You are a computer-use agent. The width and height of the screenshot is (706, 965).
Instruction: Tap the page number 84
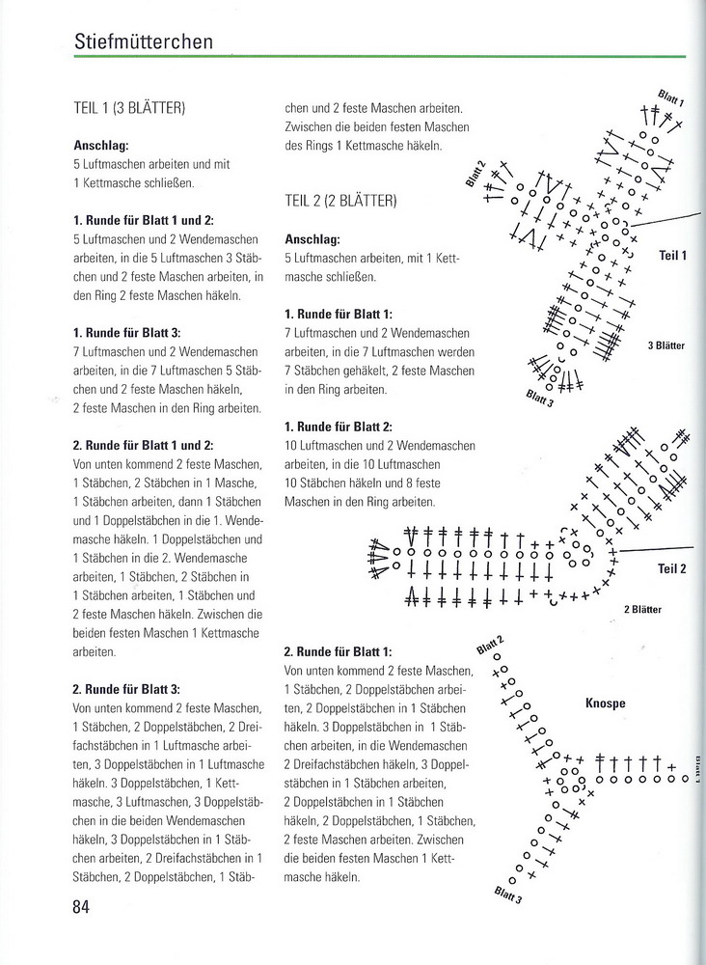coord(81,907)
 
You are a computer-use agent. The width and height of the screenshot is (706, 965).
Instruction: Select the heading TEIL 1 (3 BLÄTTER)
coord(129,109)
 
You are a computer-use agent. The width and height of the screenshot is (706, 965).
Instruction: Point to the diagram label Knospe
coord(605,703)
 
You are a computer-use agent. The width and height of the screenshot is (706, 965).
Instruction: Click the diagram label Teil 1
coord(671,256)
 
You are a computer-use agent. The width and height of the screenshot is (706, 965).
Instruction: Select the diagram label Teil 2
coord(671,569)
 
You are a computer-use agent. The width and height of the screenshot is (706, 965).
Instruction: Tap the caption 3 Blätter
coord(665,345)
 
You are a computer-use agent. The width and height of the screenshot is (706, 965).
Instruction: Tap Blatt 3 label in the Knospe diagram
coord(507,896)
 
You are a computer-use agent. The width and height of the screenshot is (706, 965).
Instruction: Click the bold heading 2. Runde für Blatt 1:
coord(339,651)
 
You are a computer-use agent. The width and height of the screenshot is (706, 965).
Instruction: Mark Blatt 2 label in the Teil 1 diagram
coord(475,170)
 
